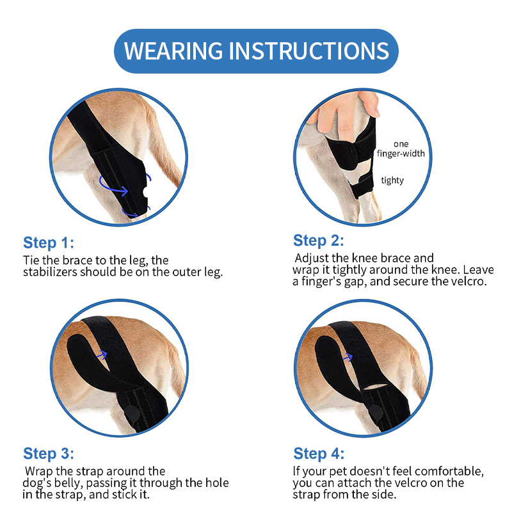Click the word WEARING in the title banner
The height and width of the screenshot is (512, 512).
pyautogui.click(x=173, y=51)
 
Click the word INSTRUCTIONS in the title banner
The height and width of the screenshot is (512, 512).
pyautogui.click(x=309, y=51)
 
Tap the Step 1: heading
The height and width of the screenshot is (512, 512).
pyautogui.click(x=49, y=243)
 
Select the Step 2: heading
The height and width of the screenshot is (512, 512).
pyautogui.click(x=318, y=241)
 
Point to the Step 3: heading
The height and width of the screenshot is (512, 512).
pyautogui.click(x=49, y=454)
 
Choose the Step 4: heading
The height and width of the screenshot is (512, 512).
pyautogui.click(x=319, y=454)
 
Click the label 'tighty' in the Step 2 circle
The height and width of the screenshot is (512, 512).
pyautogui.click(x=392, y=180)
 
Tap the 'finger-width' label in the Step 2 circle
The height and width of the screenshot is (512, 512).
pyautogui.click(x=401, y=154)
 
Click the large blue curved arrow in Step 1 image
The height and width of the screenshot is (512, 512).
pyautogui.click(x=113, y=186)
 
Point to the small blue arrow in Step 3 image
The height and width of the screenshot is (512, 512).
pyautogui.click(x=102, y=355)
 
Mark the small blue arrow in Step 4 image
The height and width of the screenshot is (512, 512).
pyautogui.click(x=348, y=357)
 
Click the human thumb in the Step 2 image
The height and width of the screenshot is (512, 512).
pyautogui.click(x=369, y=104)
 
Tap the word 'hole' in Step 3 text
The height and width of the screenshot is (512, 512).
pyautogui.click(x=217, y=483)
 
